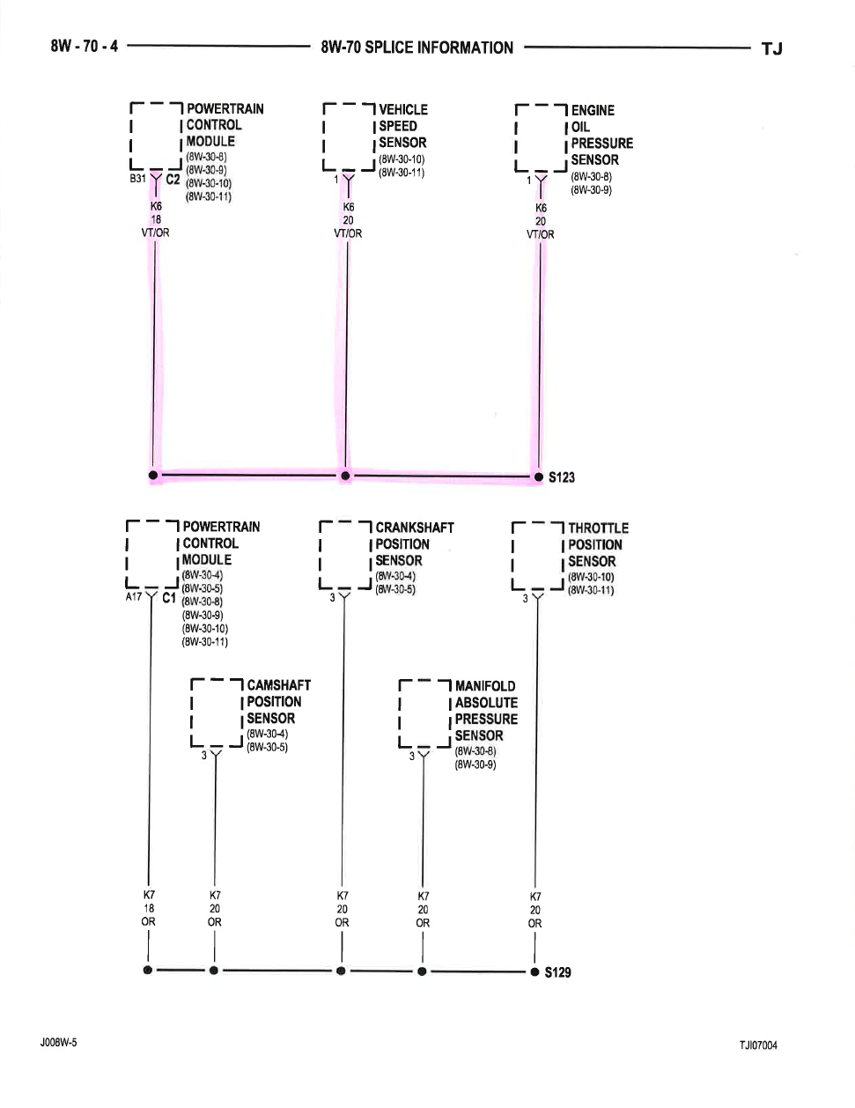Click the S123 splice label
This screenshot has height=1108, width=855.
[x=562, y=477]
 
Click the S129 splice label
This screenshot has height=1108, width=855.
[x=558, y=972]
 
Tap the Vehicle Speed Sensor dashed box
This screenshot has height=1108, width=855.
[x=349, y=137]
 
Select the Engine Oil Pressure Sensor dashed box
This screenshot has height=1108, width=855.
[x=541, y=138]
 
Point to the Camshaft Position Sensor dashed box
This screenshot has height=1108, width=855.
[x=217, y=713]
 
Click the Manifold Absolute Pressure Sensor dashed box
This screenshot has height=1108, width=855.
[x=424, y=713]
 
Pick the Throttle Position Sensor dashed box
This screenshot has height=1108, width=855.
[x=537, y=556]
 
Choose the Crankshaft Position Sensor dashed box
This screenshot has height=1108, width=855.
[x=345, y=555]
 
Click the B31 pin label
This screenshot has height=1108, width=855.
[x=137, y=178]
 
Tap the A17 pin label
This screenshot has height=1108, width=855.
[x=134, y=596]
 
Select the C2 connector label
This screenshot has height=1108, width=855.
[x=173, y=179]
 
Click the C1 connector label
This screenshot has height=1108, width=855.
[x=169, y=597]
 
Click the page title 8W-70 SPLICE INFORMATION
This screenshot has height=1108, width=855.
[x=416, y=48]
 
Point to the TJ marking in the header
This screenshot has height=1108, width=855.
[x=771, y=48]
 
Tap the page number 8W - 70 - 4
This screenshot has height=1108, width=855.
[x=85, y=46]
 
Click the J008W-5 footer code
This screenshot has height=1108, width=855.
[x=58, y=1042]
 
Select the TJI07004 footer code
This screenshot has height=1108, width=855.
[x=758, y=1045]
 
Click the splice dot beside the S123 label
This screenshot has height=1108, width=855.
[x=539, y=476]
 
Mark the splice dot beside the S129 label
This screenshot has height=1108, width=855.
[x=534, y=971]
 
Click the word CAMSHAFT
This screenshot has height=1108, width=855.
[x=279, y=685]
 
